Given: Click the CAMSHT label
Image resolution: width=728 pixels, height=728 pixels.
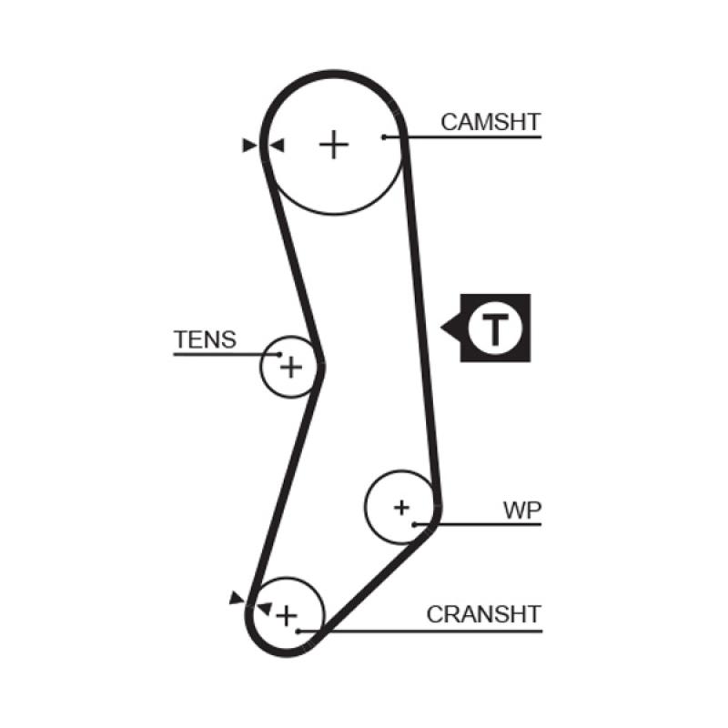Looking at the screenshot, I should point(490,121).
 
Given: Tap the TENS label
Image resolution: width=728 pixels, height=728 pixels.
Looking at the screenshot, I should point(205,340).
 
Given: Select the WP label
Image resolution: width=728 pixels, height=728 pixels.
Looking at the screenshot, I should point(522,510).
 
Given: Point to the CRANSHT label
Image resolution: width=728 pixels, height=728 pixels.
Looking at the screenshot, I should point(484,614).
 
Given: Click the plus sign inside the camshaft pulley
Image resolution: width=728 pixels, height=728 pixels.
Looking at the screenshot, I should point(335,144).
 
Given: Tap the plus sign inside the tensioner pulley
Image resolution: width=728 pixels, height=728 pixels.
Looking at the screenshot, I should point(290,368).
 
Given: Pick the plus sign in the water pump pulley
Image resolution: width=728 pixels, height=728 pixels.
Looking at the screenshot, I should point(401,507).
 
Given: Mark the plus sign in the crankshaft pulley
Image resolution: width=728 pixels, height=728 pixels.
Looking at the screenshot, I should point(287,615).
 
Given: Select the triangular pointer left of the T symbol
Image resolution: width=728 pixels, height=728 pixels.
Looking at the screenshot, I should point(449,327).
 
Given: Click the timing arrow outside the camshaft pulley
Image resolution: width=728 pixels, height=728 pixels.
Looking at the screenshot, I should point(248,145).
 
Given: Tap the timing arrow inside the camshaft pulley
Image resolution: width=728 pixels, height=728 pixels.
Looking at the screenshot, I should point(278,145).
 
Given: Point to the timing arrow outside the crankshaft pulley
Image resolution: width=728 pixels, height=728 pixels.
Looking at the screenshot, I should point(238,597).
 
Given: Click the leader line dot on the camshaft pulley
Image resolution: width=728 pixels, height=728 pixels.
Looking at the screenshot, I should point(385,137).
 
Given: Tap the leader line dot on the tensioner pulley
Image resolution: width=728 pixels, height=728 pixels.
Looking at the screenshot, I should point(280,353).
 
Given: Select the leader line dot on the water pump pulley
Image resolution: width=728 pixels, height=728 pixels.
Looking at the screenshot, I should point(415,524).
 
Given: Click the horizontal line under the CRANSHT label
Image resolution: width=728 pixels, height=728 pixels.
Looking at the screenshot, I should point(428,629).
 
